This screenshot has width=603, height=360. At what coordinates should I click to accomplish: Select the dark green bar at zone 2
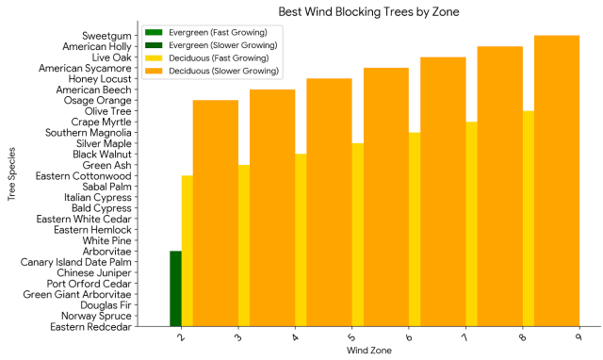click(x=175, y=288)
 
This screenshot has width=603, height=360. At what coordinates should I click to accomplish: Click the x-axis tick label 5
click(x=350, y=336)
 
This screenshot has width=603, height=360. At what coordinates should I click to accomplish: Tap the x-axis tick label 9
click(x=578, y=336)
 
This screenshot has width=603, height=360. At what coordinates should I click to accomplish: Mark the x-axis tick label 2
click(x=180, y=336)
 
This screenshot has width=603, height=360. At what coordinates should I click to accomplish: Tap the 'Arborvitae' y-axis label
click(x=106, y=251)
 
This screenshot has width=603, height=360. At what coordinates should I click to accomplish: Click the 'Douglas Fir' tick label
click(x=106, y=304)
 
